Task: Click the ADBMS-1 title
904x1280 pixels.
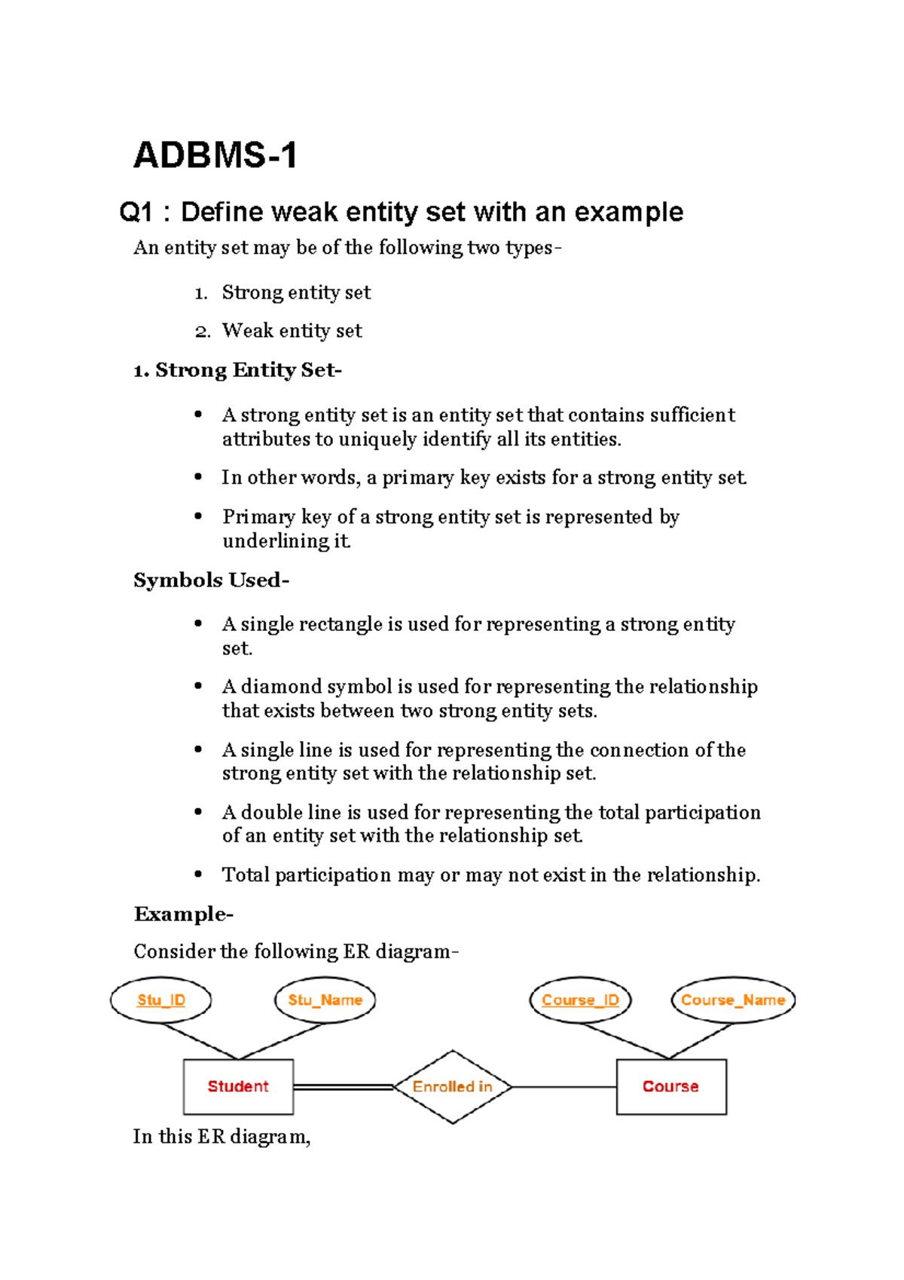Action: [x=215, y=156]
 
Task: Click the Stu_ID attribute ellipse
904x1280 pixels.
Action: [x=161, y=1000]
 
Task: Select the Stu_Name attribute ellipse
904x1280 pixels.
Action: [x=325, y=1000]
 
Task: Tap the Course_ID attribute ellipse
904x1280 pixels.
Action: [x=580, y=1000]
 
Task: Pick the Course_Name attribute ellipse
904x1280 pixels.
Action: [x=733, y=1000]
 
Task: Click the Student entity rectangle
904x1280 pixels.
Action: [x=238, y=1086]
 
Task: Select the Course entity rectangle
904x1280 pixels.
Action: [x=670, y=1086]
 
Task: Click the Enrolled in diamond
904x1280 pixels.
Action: [x=452, y=1086]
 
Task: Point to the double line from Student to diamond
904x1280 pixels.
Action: [x=344, y=1087]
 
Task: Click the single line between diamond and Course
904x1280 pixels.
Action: [x=563, y=1087]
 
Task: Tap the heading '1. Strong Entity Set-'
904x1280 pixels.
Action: [x=237, y=370]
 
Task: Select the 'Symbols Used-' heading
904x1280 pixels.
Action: [x=211, y=580]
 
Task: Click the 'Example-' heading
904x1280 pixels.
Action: [x=183, y=914]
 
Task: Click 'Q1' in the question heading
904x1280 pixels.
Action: [x=136, y=213]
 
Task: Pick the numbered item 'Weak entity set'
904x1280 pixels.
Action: [x=292, y=331]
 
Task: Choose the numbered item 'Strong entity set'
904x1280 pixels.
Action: [x=296, y=292]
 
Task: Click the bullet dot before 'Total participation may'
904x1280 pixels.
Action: [x=198, y=874]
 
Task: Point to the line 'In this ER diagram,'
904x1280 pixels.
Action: [x=221, y=1137]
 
